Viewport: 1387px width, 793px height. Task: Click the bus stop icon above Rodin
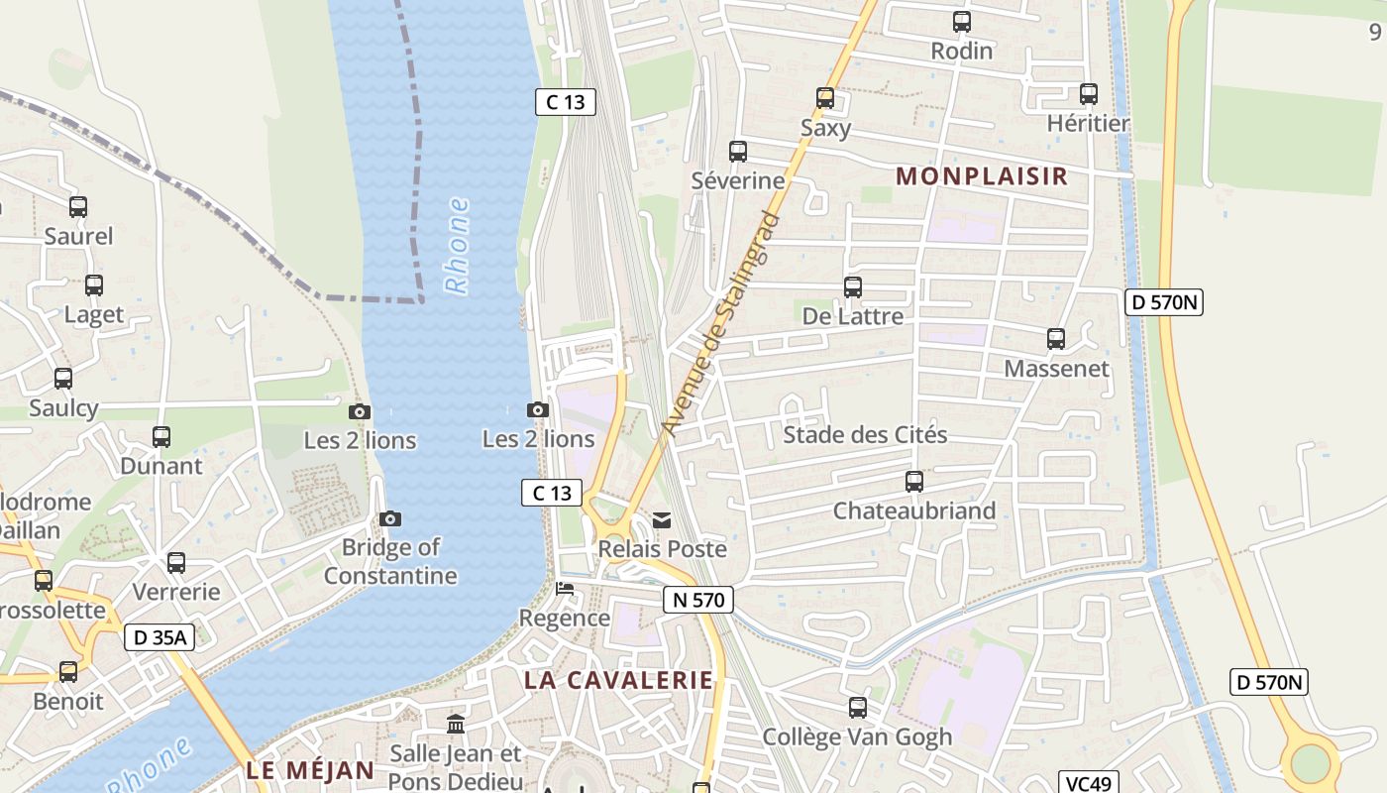(x=961, y=22)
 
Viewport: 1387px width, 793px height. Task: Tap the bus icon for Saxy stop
(x=825, y=98)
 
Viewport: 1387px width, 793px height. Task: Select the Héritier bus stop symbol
(x=1088, y=95)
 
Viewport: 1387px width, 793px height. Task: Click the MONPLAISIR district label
(x=982, y=176)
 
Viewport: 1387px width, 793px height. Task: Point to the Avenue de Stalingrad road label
(x=721, y=324)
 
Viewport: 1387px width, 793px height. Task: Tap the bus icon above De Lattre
(x=852, y=287)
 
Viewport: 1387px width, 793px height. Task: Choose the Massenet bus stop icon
(x=1056, y=339)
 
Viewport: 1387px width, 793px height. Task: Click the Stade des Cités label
(x=865, y=435)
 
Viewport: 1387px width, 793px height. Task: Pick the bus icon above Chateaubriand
(x=913, y=482)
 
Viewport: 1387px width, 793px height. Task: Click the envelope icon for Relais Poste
(x=662, y=520)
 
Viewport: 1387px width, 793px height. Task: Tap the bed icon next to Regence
(x=565, y=589)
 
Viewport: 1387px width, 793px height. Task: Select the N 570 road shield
(x=698, y=600)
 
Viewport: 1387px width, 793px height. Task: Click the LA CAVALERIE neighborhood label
(x=618, y=680)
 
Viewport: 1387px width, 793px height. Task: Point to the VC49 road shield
(x=1088, y=783)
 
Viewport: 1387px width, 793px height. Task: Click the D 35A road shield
(x=159, y=637)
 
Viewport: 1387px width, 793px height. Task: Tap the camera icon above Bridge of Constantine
(x=390, y=518)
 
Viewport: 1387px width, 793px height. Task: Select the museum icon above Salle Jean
(x=456, y=725)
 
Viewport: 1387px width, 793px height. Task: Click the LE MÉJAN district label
(x=310, y=770)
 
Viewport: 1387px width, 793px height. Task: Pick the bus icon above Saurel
(x=78, y=207)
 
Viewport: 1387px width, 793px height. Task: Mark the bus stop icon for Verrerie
(x=176, y=563)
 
